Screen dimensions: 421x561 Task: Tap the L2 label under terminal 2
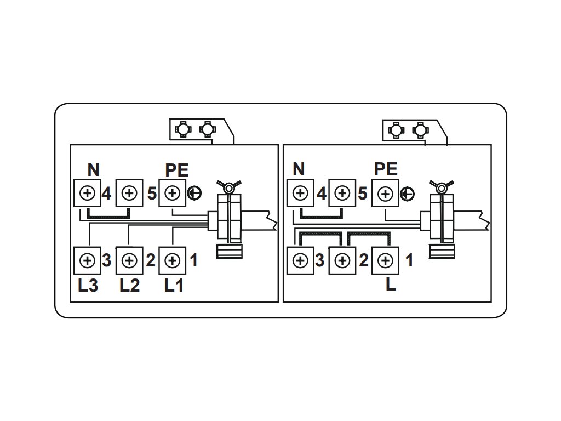click(x=129, y=286)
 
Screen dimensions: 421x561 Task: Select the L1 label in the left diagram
click(x=174, y=286)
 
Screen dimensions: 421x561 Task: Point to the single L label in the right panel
click(x=391, y=286)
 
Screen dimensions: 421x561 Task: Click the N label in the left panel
click(x=93, y=170)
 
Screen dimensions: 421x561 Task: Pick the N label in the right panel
click(x=299, y=170)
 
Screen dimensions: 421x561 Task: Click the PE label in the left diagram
click(x=177, y=170)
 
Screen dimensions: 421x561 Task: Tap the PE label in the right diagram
click(x=386, y=170)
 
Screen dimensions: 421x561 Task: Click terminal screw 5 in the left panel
click(x=129, y=194)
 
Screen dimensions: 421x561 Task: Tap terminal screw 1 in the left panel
click(x=173, y=260)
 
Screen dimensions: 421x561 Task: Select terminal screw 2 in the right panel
click(x=342, y=260)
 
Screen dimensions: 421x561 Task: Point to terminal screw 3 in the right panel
click(x=300, y=260)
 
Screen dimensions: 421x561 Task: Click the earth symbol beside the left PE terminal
click(x=193, y=193)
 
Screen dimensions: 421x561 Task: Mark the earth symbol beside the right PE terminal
click(x=407, y=194)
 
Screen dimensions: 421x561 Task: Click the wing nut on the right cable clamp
click(x=440, y=187)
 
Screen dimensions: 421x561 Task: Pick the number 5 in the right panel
click(x=362, y=194)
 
